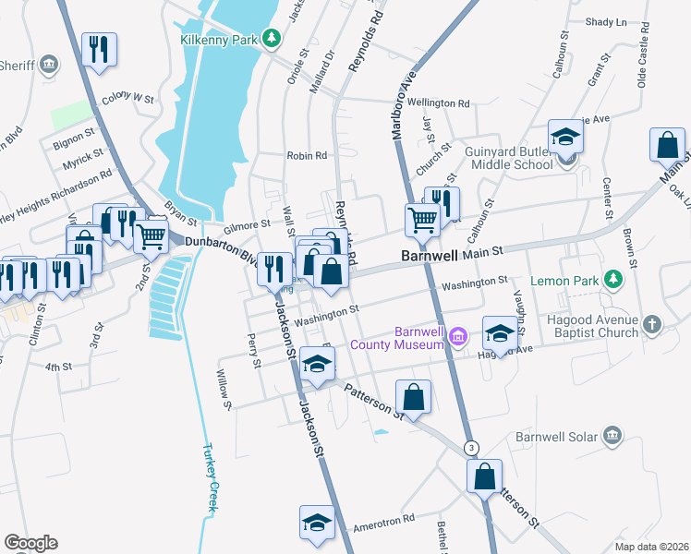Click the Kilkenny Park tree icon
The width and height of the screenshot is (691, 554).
point(271,38)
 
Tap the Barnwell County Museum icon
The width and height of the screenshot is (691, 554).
point(458,339)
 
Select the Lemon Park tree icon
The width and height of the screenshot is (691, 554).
point(612,279)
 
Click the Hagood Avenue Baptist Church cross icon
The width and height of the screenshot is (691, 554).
point(652,324)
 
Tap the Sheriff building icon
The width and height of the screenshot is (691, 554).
point(50,64)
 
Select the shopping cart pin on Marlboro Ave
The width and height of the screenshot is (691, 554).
point(422,222)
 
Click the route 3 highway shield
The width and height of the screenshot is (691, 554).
point(472,448)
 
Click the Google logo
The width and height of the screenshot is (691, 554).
point(30,542)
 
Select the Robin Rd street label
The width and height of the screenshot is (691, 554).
point(307,156)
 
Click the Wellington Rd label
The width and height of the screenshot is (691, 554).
point(440,103)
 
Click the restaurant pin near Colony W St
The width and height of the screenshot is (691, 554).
point(100,51)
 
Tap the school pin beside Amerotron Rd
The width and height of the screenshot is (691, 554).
point(316,524)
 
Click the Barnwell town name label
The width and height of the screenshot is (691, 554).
point(430,254)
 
